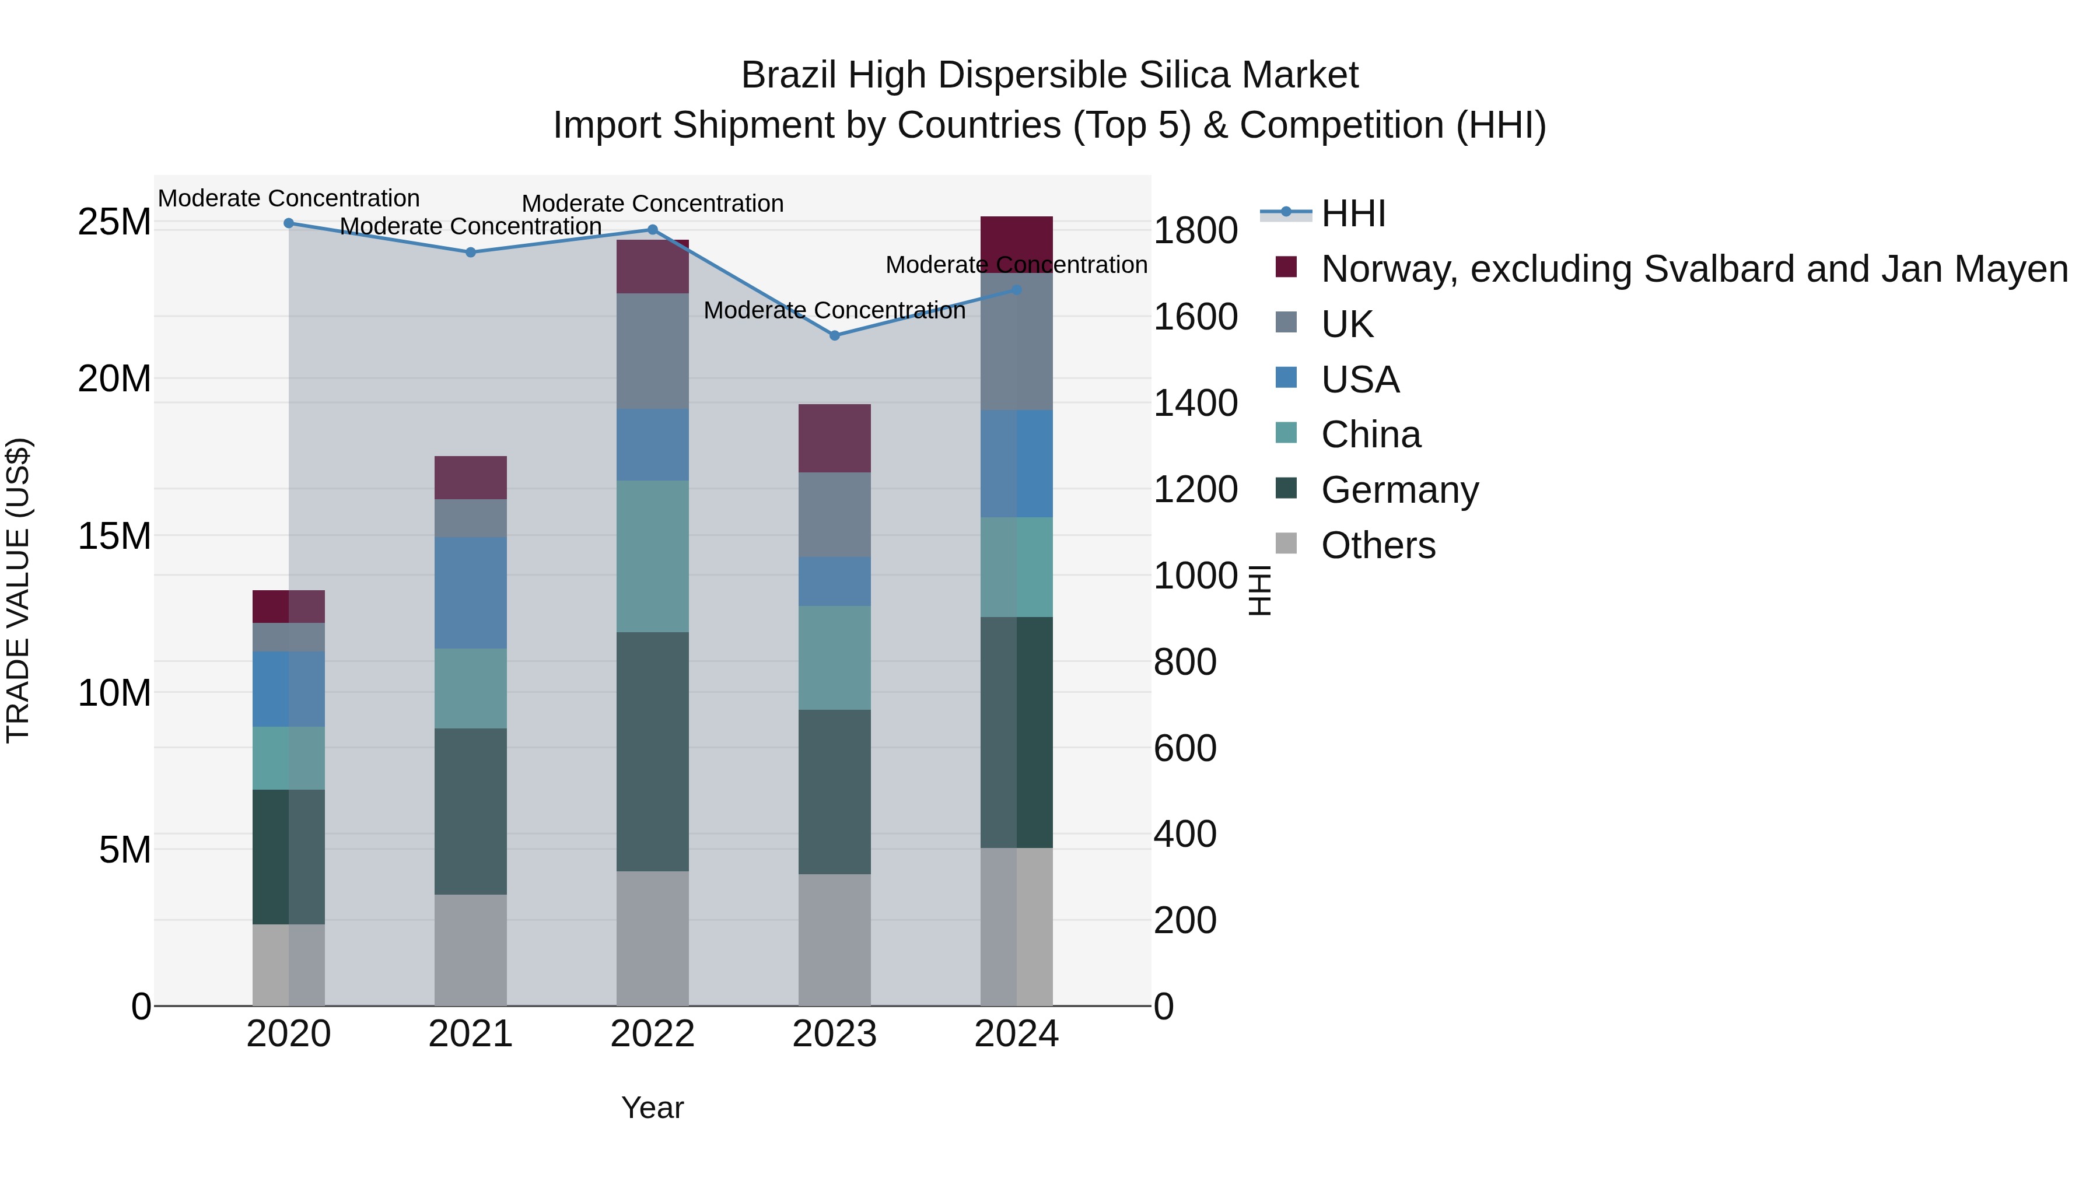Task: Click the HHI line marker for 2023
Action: pyautogui.click(x=834, y=335)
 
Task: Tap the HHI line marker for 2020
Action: pyautogui.click(x=289, y=223)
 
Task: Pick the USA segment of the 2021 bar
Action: pyautogui.click(x=470, y=593)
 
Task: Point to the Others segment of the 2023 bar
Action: pyautogui.click(x=834, y=939)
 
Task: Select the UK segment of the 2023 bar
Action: pyautogui.click(x=834, y=514)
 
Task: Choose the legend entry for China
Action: pyautogui.click(x=1370, y=434)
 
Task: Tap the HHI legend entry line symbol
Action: pyautogui.click(x=1286, y=213)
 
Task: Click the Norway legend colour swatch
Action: pyautogui.click(x=1286, y=267)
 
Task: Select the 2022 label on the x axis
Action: pyautogui.click(x=652, y=1034)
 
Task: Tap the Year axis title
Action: pyautogui.click(x=652, y=1108)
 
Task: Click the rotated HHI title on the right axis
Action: pyautogui.click(x=1259, y=590)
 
